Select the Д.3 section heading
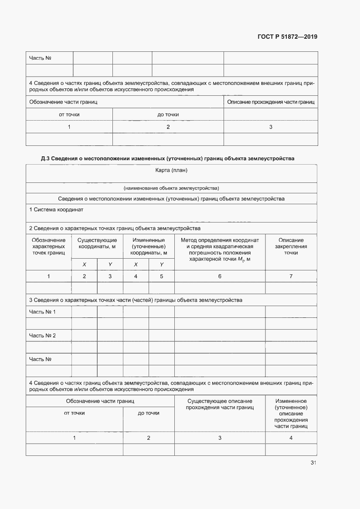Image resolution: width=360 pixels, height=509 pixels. tap(167, 158)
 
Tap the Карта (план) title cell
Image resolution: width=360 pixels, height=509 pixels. tap(171, 170)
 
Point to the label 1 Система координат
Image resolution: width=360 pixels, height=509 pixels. tap(56, 209)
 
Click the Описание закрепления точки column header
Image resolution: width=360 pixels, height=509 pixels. tap(291, 246)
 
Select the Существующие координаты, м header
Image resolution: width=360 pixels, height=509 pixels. tap(97, 243)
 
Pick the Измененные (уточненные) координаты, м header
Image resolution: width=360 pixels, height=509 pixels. tap(148, 246)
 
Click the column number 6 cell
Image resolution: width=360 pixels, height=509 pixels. tap(220, 276)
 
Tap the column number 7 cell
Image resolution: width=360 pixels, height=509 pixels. tap(291, 276)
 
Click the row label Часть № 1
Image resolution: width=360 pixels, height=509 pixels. tap(42, 312)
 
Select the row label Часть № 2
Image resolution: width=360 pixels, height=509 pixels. tap(42, 335)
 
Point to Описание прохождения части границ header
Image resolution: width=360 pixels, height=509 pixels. tap(271, 102)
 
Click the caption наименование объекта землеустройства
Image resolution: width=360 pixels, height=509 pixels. tap(171, 188)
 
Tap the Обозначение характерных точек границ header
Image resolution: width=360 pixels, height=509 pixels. tap(48, 246)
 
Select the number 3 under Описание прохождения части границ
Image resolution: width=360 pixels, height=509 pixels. tap(271, 127)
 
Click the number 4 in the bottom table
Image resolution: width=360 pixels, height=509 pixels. tap(291, 438)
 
